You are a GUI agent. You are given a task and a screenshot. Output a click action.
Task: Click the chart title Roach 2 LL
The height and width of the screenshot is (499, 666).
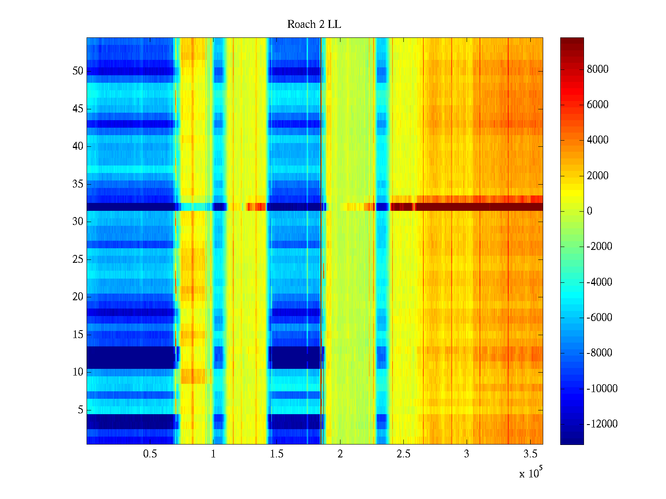pos(314,25)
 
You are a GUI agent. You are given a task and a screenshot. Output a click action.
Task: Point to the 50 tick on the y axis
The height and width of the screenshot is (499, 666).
pos(78,71)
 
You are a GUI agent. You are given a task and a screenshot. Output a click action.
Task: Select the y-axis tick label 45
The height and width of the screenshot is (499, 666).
pos(78,109)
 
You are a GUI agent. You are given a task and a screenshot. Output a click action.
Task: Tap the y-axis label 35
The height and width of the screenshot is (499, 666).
pos(78,184)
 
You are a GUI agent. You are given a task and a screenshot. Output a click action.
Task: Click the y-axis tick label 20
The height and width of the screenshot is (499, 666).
pos(78,297)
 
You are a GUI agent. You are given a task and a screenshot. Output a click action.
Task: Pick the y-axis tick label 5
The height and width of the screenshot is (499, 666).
pos(80,410)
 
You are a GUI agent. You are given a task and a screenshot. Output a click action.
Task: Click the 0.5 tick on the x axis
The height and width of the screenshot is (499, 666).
pos(150,454)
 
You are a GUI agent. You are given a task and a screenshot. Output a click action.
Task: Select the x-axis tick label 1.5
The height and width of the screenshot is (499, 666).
pos(276,454)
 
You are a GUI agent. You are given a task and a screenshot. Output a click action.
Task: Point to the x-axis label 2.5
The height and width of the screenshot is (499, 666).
pos(403,454)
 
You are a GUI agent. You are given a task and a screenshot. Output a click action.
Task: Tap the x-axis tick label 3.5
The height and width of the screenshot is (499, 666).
pos(530,454)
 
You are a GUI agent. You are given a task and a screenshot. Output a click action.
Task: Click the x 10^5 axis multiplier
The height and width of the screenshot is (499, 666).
pos(530,473)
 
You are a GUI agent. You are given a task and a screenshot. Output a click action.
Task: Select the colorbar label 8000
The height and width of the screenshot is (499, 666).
pos(597,69)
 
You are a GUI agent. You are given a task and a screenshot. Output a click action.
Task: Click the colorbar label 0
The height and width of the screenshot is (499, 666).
pos(589,211)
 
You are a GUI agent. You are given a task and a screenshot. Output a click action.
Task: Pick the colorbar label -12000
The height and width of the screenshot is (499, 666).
pos(602,424)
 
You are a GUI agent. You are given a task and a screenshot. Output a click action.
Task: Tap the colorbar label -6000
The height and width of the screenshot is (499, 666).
pos(599,318)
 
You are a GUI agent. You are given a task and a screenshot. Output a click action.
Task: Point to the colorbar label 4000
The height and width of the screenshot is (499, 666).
pos(597,140)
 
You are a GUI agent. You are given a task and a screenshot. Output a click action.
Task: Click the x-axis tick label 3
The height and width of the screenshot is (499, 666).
pos(466,454)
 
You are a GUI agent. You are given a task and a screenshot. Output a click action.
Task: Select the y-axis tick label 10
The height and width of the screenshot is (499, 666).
pos(78,372)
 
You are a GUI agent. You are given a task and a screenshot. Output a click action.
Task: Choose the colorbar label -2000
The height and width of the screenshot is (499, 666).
pos(599,247)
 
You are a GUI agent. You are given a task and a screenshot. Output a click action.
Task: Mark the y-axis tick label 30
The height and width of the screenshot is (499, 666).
pos(78,222)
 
